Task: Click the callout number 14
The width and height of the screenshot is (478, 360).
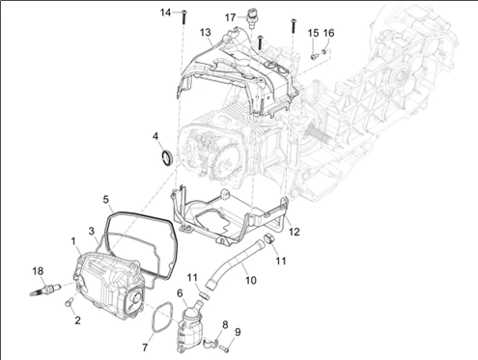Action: pyautogui.click(x=166, y=13)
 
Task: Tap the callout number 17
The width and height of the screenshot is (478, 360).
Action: pyautogui.click(x=230, y=17)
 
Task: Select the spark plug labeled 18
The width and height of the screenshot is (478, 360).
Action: pyautogui.click(x=44, y=289)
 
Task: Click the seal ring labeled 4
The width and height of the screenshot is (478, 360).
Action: pyautogui.click(x=166, y=157)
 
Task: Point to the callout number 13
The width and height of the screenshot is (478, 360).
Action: pyautogui.click(x=205, y=33)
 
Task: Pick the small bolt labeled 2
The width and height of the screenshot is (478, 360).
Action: pyautogui.click(x=69, y=303)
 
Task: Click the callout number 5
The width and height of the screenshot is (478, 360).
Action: pyautogui.click(x=106, y=200)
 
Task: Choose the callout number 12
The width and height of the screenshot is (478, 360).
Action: pyautogui.click(x=295, y=232)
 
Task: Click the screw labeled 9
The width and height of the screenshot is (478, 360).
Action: pyautogui.click(x=225, y=347)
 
